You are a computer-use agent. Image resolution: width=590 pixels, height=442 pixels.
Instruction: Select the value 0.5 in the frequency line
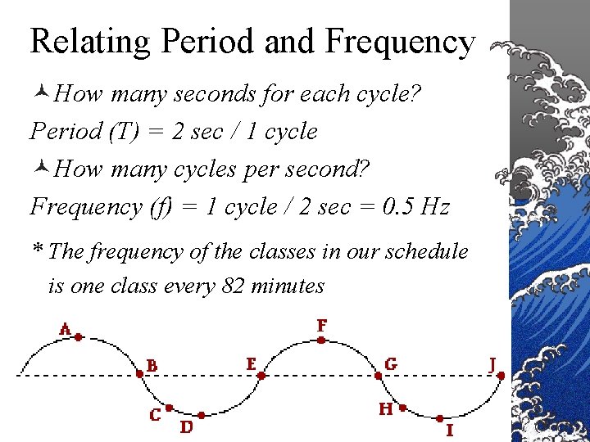[x=398, y=206]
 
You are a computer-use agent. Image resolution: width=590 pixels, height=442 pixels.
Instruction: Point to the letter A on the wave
[x=66, y=329]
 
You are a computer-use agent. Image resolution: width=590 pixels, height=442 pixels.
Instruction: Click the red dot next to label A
[x=79, y=336]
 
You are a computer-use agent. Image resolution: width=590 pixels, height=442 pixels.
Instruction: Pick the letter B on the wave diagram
[x=152, y=364]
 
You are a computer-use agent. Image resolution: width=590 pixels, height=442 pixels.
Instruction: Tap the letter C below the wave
[x=155, y=415]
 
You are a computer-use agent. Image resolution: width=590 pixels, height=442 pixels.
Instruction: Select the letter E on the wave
[x=251, y=362]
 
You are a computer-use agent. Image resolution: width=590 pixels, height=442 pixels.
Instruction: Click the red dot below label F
[x=322, y=337]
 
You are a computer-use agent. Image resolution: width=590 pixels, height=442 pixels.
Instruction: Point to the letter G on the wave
[x=391, y=363]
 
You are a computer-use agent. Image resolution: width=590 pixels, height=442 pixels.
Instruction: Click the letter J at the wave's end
[x=493, y=363]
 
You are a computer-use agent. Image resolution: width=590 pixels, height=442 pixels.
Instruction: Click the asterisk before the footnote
[x=37, y=250]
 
